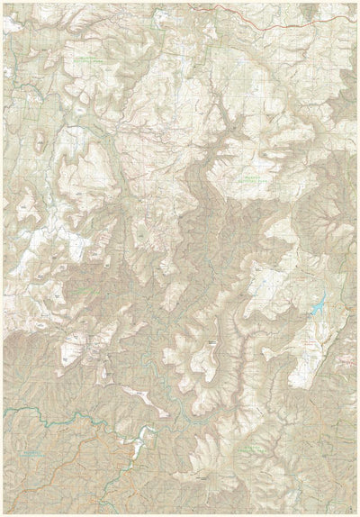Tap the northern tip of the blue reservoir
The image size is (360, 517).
coord(321,295)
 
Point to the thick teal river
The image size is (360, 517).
coord(54,416)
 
